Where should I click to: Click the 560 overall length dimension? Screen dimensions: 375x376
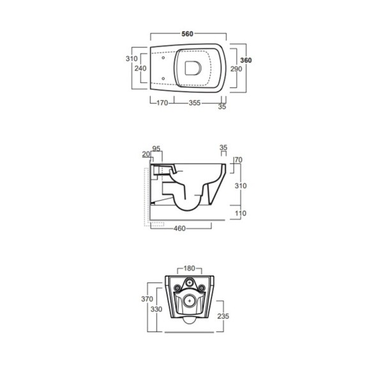187,34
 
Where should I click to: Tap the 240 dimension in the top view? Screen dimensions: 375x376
141,68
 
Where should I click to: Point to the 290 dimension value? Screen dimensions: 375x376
236,68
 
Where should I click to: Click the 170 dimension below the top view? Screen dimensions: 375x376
162,102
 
